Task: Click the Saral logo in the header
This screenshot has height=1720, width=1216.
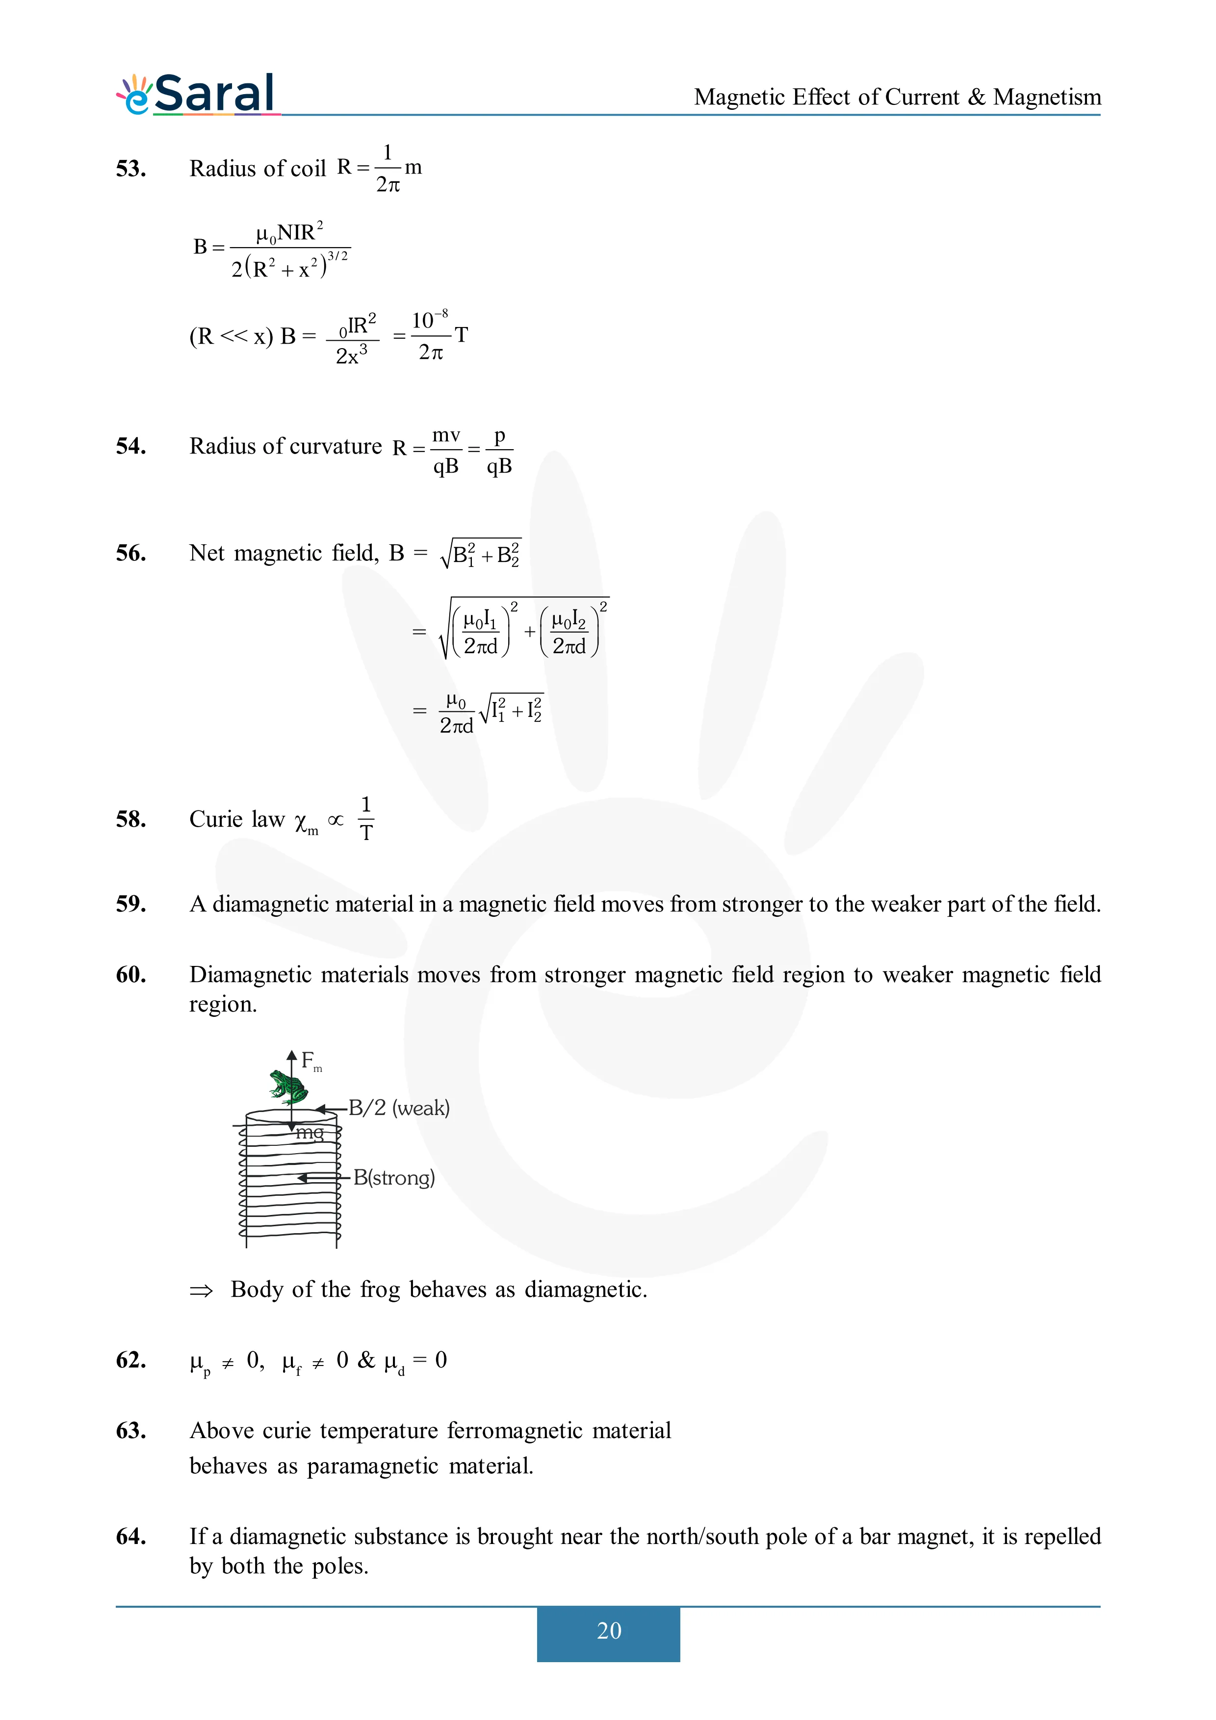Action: pyautogui.click(x=198, y=95)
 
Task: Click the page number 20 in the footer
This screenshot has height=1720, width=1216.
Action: pyautogui.click(x=608, y=1630)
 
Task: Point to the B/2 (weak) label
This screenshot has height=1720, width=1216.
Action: pyautogui.click(x=399, y=1108)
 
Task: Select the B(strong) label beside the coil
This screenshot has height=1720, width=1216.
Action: pyautogui.click(x=394, y=1178)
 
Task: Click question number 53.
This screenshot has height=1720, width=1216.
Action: pyautogui.click(x=130, y=169)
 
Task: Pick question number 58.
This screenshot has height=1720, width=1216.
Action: pyautogui.click(x=130, y=819)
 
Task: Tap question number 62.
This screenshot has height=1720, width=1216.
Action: pyautogui.click(x=130, y=1360)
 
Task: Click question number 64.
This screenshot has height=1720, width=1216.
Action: pyautogui.click(x=130, y=1537)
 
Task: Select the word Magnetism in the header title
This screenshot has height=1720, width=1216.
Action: pyautogui.click(x=1047, y=98)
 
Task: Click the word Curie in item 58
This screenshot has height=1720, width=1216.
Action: pyautogui.click(x=215, y=819)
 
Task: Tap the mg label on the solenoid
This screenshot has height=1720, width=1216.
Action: pyautogui.click(x=310, y=1133)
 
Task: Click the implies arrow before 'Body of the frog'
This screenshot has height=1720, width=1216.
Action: pyautogui.click(x=201, y=1290)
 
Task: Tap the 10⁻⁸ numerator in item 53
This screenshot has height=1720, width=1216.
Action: pyautogui.click(x=429, y=319)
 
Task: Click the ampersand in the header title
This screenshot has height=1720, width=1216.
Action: pyautogui.click(x=976, y=98)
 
